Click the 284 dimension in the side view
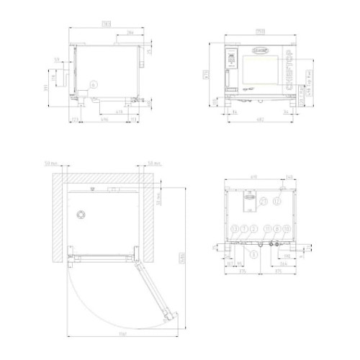[x=130, y=32]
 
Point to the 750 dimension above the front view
[x=261, y=31]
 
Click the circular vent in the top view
[x=81, y=215]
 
